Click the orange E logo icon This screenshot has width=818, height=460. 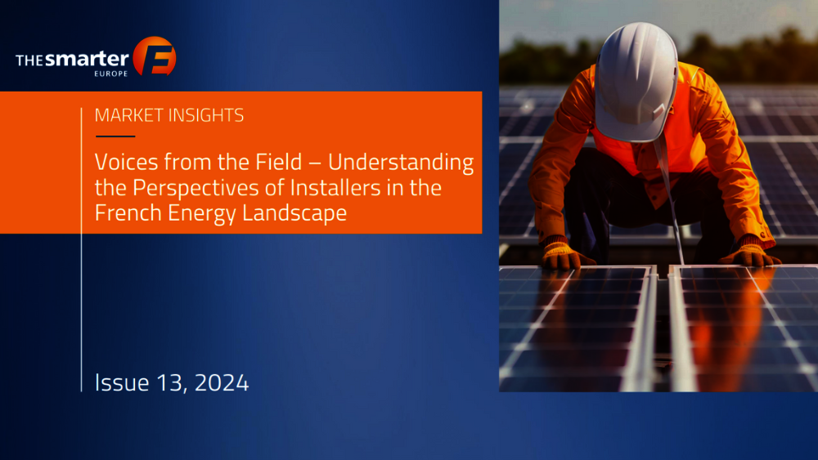[x=155, y=56]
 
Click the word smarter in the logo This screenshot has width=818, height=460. [x=87, y=59]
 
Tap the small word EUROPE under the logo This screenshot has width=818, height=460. [x=111, y=74]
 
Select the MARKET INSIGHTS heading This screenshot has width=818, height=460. [x=169, y=115]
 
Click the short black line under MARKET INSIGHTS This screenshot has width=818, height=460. [x=115, y=136]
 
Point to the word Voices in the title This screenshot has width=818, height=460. [x=126, y=162]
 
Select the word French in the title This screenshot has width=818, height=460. [x=128, y=213]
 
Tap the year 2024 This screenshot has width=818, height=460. [x=222, y=383]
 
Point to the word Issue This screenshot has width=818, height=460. [x=122, y=383]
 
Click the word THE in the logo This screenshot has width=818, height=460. [x=29, y=61]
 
